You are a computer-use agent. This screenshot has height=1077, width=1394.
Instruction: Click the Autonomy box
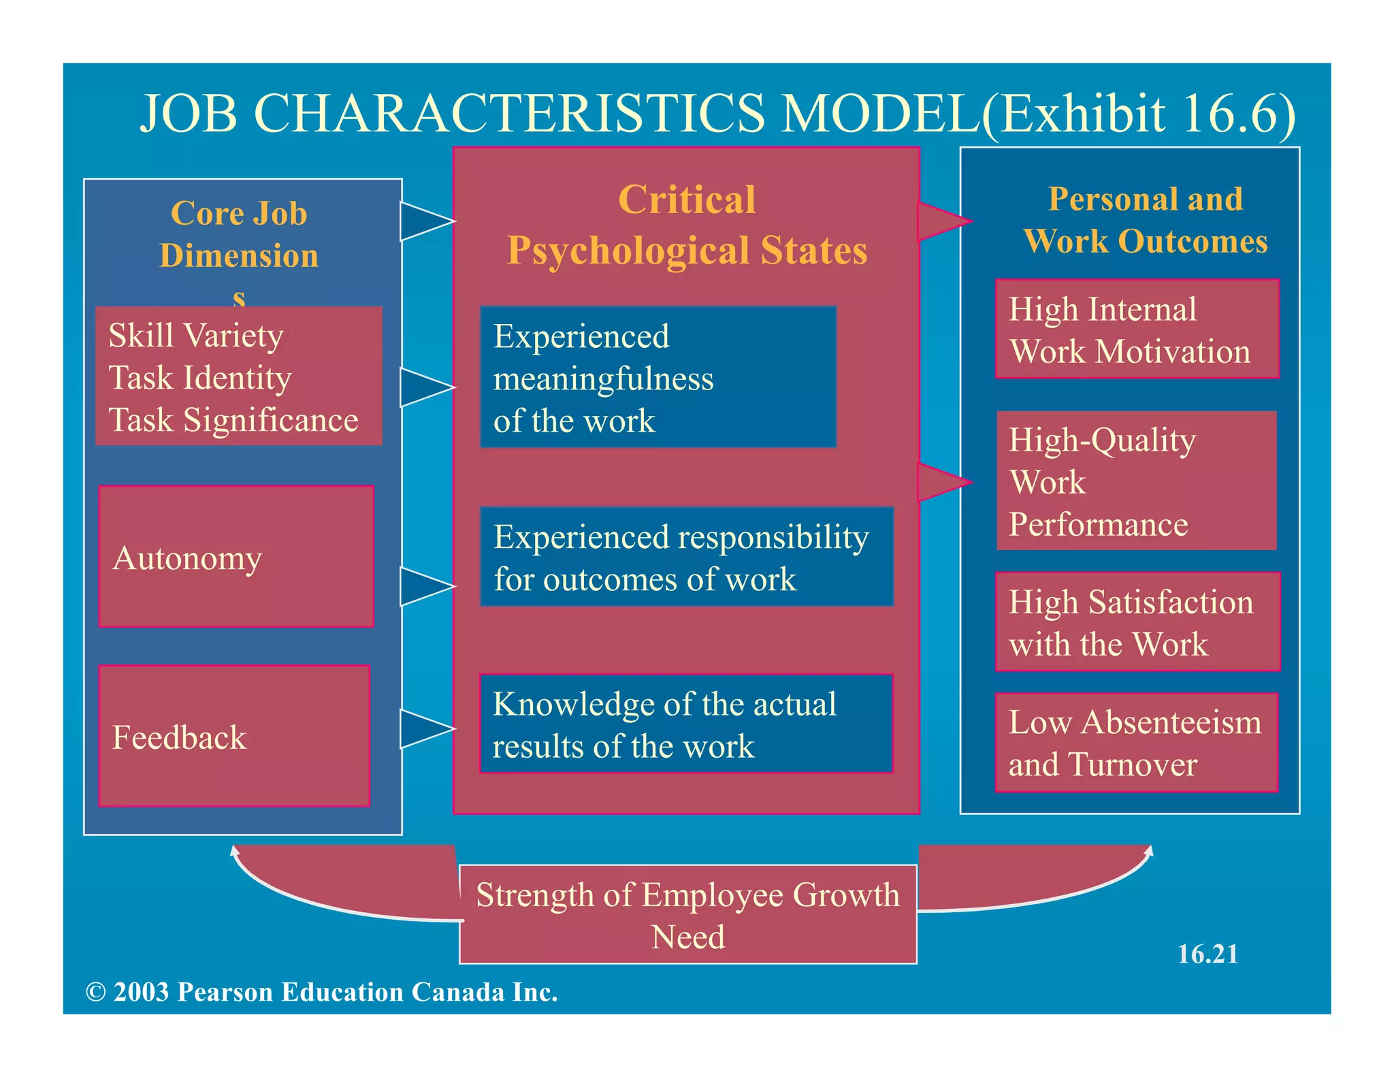click(236, 556)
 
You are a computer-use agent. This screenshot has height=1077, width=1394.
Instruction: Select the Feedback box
click(234, 736)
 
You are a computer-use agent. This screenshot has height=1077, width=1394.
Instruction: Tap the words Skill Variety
click(196, 336)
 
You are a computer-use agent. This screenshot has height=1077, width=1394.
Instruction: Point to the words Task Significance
click(233, 420)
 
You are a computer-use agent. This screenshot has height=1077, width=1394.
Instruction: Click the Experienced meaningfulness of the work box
click(658, 377)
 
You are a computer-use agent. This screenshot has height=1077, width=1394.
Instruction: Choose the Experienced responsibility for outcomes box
click(686, 557)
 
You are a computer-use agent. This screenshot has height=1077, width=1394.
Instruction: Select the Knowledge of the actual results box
click(686, 724)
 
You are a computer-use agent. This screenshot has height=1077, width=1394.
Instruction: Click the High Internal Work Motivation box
click(1137, 329)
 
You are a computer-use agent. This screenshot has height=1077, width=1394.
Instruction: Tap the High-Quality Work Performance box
click(1136, 481)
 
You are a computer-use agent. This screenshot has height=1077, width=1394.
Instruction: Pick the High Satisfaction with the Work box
click(1137, 622)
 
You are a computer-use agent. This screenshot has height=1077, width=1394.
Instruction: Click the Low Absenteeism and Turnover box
click(1136, 743)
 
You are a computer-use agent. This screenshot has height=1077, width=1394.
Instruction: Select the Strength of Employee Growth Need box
click(687, 914)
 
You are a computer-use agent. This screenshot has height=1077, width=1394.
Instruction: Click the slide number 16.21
click(1207, 954)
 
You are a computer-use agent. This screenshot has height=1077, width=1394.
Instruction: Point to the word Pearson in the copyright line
click(225, 992)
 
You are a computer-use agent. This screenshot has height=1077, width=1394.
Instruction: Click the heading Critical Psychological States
click(687, 225)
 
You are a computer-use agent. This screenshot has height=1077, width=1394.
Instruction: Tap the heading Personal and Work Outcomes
click(1146, 220)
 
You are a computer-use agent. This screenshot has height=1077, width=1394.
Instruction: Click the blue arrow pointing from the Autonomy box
click(423, 586)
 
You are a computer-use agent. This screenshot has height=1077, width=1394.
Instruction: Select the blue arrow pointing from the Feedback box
click(423, 729)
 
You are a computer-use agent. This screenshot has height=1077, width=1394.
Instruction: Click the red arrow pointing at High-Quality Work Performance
click(941, 482)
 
